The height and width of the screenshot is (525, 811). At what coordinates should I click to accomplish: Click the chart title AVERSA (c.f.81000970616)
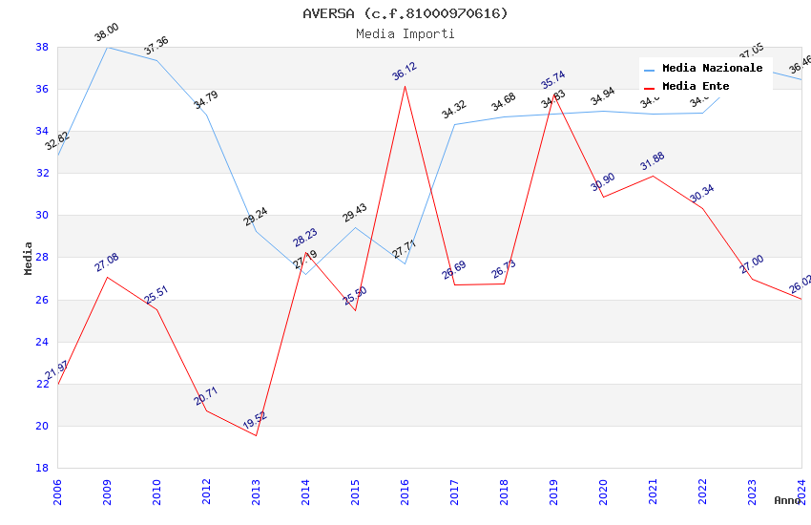(405, 13)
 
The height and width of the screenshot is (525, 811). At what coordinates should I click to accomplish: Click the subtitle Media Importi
(405, 33)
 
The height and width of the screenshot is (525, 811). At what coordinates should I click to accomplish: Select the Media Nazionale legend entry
(712, 68)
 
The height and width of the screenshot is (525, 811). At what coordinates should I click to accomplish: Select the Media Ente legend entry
(696, 86)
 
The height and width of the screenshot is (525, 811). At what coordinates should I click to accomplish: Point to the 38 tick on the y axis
(42, 47)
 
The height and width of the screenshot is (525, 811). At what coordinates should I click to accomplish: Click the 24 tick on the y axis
(42, 342)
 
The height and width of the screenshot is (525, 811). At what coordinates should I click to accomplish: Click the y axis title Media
(29, 258)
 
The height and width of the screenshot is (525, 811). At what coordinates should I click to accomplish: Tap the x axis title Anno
(787, 500)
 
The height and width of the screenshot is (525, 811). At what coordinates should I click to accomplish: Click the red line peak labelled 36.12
(405, 86)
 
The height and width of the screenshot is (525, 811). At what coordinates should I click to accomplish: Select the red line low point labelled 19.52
(256, 435)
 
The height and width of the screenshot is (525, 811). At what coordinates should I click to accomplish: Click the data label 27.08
(106, 262)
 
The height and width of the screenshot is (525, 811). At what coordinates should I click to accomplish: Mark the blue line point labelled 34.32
(454, 124)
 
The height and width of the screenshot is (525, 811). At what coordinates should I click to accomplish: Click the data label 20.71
(206, 396)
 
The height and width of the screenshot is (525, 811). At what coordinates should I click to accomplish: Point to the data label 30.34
(702, 192)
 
